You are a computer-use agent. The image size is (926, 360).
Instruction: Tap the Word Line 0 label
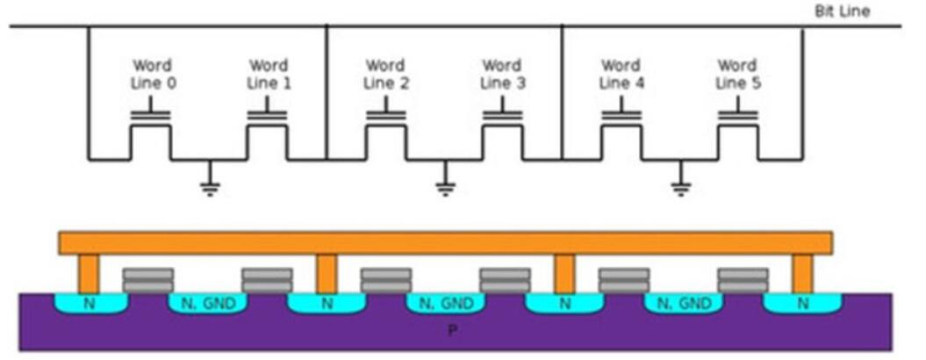click(151, 74)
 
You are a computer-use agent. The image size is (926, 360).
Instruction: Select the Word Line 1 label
click(268, 74)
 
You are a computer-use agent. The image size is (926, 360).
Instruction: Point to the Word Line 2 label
click(384, 74)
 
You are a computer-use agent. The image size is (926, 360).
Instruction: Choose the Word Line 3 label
click(503, 74)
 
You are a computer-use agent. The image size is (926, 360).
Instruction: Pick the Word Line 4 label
click(620, 74)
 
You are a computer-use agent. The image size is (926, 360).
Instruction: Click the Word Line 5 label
click(737, 74)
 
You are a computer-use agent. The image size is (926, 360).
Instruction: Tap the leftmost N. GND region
click(207, 304)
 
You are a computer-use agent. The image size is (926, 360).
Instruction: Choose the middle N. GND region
click(445, 304)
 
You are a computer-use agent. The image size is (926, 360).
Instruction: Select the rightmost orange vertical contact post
click(802, 273)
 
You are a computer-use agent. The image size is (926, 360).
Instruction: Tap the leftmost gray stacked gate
click(148, 280)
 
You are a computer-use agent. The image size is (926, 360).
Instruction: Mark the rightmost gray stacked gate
click(743, 280)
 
